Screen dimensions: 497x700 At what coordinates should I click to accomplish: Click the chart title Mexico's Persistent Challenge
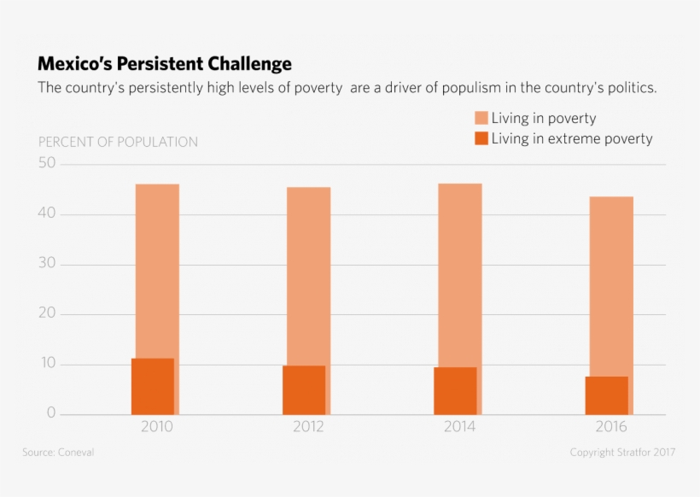click(165, 64)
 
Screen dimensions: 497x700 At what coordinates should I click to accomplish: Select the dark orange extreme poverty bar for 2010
click(153, 387)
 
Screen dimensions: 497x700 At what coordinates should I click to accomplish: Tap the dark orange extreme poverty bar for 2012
click(304, 390)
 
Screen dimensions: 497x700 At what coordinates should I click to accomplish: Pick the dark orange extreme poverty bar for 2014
click(455, 391)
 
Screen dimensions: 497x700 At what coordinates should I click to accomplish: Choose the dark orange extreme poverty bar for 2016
click(607, 395)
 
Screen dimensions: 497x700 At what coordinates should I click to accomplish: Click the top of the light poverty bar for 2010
click(157, 185)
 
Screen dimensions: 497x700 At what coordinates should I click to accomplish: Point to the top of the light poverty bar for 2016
click(611, 198)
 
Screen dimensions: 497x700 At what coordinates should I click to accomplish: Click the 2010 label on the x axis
click(157, 427)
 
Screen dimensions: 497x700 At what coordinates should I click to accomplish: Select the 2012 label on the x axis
click(308, 427)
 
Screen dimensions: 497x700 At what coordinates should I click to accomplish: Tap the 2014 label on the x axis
click(459, 427)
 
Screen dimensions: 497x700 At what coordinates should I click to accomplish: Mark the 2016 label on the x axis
click(611, 427)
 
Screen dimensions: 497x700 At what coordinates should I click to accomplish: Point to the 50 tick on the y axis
click(47, 163)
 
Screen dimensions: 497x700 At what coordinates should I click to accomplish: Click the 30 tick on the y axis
click(47, 264)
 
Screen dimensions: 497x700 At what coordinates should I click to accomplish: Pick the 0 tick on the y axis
click(51, 414)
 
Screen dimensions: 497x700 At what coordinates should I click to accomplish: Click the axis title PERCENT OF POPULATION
click(118, 142)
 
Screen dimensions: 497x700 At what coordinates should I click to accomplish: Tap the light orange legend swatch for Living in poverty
click(481, 118)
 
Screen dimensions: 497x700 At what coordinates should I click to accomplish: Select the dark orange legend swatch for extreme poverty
click(481, 138)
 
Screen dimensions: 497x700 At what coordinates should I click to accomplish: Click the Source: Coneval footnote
click(58, 453)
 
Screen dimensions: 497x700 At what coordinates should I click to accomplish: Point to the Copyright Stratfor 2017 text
click(622, 453)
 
